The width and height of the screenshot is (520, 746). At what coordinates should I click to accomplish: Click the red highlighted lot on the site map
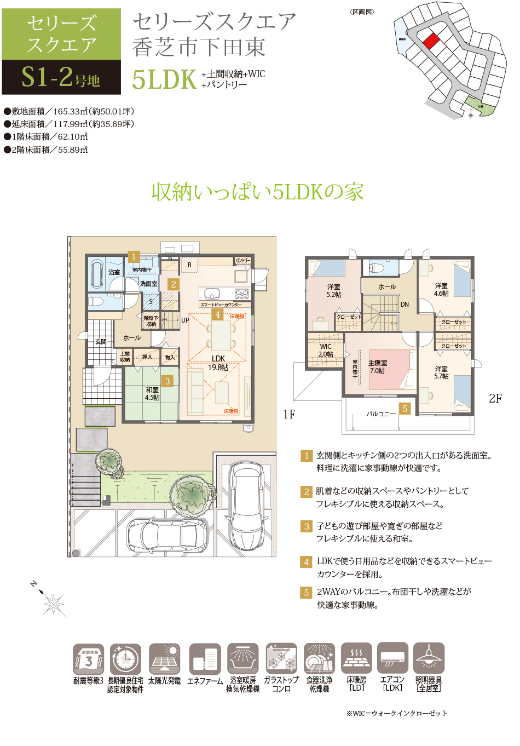(x=431, y=41)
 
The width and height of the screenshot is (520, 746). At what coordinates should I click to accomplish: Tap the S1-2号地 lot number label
(x=61, y=77)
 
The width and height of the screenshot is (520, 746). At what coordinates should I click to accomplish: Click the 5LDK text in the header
(x=164, y=79)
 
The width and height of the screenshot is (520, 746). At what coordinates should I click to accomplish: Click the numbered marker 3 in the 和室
(x=167, y=381)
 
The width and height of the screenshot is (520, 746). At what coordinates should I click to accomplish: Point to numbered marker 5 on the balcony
(x=405, y=409)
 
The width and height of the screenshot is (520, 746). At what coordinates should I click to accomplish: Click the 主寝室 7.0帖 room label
(x=377, y=367)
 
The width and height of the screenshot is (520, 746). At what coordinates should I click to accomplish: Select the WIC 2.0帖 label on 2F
(x=326, y=351)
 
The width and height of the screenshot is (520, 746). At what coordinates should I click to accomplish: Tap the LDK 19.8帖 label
(x=218, y=363)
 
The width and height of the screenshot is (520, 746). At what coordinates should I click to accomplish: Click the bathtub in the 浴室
(x=97, y=273)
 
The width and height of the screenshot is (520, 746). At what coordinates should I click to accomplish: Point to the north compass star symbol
(x=53, y=604)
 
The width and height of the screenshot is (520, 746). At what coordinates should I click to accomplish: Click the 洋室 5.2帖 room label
(x=334, y=291)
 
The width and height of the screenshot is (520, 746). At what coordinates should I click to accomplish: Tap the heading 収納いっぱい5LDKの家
(x=257, y=192)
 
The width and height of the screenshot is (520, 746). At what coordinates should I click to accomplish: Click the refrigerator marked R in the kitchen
(x=189, y=265)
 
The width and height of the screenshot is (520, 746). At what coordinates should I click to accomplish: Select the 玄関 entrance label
(x=101, y=341)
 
